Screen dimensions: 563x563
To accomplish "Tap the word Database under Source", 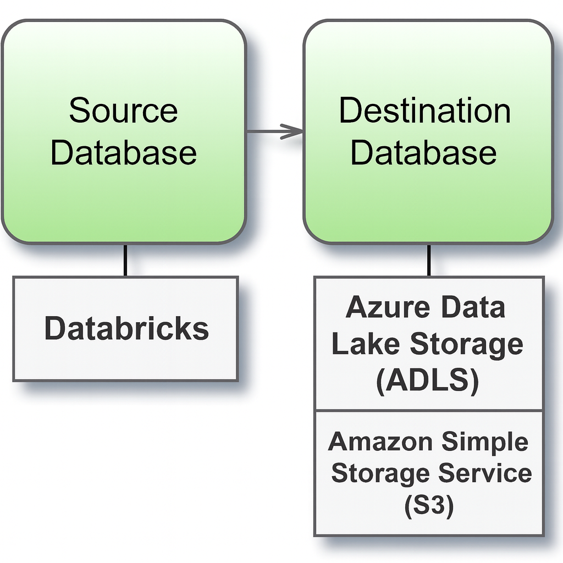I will point(123,152).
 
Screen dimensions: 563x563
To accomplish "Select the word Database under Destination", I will point(423,152).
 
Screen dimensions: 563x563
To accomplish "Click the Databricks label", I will point(126,329).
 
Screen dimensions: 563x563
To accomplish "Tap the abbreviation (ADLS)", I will point(427,380).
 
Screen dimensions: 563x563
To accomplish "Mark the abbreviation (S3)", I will point(429,506).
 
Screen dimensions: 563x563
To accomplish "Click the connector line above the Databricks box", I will point(125,260).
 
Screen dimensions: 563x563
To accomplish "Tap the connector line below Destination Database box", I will point(428,260).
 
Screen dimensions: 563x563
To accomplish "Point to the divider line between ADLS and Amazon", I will point(429,410).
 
